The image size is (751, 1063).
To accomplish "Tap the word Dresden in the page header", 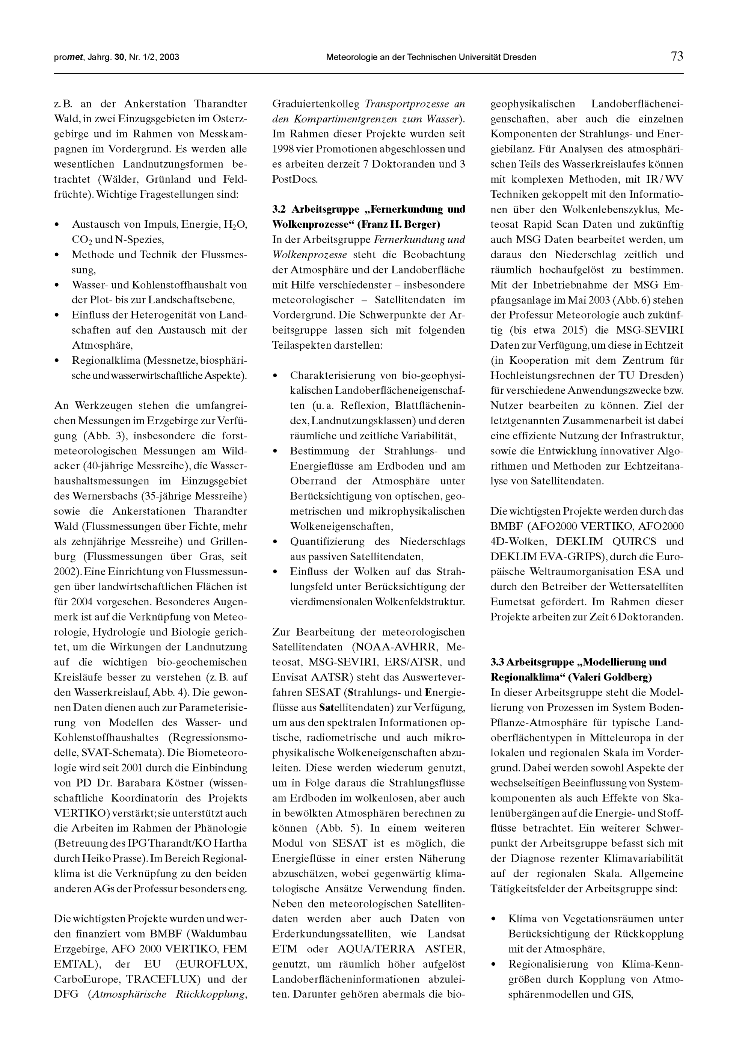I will (x=520, y=57).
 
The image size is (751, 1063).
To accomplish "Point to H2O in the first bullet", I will (x=235, y=225).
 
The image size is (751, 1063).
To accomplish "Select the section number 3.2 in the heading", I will (x=279, y=209).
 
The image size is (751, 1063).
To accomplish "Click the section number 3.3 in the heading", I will (x=498, y=662).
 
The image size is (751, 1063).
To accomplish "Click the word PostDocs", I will (x=295, y=179).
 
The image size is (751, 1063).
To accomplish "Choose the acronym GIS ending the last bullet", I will (x=621, y=995).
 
